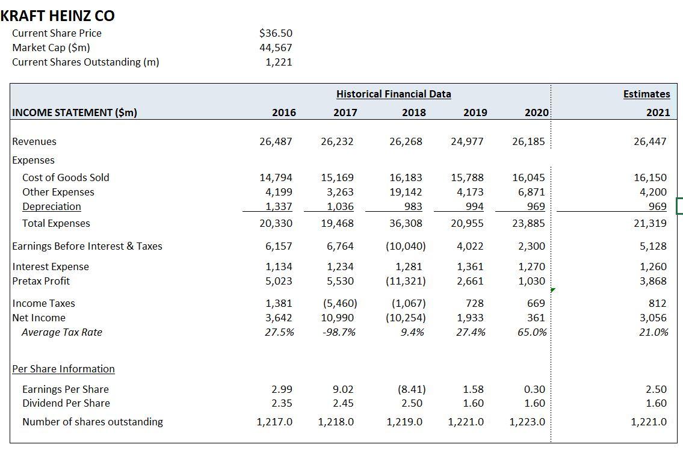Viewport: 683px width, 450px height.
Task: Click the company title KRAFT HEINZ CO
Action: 58,16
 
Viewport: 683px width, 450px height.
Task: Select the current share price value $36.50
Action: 276,33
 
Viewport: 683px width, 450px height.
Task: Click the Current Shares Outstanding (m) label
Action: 85,62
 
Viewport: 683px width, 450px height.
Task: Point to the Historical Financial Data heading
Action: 394,94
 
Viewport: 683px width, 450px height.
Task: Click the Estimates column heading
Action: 647,94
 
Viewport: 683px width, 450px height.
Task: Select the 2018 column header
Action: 413,112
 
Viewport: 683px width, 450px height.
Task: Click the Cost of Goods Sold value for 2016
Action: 276,177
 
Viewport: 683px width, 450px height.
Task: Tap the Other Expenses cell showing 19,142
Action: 406,192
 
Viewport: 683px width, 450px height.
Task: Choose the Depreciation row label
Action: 52,206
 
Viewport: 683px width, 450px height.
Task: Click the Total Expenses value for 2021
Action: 650,223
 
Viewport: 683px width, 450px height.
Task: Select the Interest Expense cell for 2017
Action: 341,267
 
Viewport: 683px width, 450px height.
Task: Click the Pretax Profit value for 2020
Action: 531,281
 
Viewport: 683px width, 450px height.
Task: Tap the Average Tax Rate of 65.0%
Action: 532,332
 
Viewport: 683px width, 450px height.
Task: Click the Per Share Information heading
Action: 64,369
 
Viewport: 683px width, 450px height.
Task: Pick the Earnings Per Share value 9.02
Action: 343,389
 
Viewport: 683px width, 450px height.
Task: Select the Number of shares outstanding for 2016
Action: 274,422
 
